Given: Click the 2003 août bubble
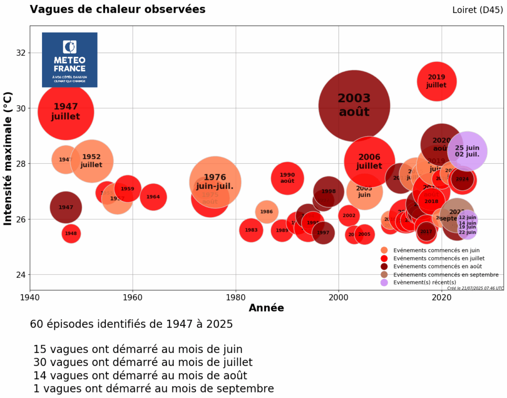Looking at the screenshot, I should pos(354,105).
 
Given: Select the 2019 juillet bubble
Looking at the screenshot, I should pos(436,81).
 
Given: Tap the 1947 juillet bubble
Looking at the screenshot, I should pos(65,111).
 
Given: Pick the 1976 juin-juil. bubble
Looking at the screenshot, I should pos(215,181).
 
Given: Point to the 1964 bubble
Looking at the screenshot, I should pos(153,197).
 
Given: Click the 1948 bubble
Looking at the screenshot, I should pos(71,233).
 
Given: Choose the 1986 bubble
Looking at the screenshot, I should pos(266,212).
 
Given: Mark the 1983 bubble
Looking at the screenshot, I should pos(251,230).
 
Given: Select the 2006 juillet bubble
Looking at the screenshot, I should pos(369,162).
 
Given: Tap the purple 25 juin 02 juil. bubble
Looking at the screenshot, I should pos(467,151).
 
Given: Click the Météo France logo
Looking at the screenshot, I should pos(69,60).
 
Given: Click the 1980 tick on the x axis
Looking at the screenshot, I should pos(236,298).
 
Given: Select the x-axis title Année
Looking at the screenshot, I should pos(266,309).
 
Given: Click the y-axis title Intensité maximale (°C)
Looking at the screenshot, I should pos(8,158).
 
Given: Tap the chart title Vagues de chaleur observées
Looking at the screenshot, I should pos(117,9).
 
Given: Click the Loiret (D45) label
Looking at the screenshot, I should pos(477,10).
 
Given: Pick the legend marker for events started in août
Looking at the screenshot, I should pos(384,266).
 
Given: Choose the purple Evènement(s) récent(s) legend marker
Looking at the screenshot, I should pos(384,282).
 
